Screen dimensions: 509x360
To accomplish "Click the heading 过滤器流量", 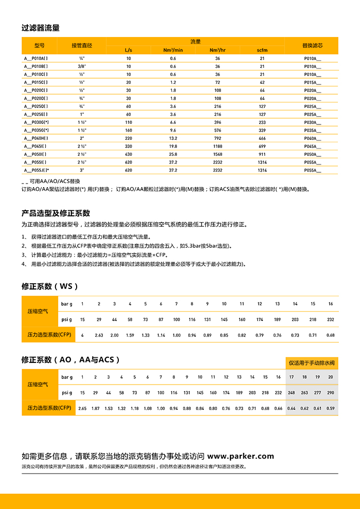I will pyautogui.click(x=41, y=28).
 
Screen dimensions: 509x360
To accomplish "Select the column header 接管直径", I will pyautogui.click(x=82, y=45).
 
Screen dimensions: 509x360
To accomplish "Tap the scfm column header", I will pyautogui.click(x=262, y=50).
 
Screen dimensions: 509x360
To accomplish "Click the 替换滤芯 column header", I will pyautogui.click(x=312, y=45).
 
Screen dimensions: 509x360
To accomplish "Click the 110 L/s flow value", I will pyautogui.click(x=129, y=122).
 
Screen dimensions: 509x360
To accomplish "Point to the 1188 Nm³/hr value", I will pyautogui.click(x=218, y=147).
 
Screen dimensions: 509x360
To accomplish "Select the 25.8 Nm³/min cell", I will pyautogui.click(x=173, y=154).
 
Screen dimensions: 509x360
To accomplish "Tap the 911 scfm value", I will pyautogui.click(x=262, y=154).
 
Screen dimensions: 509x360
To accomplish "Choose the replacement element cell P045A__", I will pyautogui.click(x=312, y=147).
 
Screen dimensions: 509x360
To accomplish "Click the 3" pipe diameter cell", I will pyautogui.click(x=82, y=170).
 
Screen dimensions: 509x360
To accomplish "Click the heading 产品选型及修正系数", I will pyautogui.click(x=56, y=213).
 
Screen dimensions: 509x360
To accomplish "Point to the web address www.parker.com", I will pyautogui.click(x=241, y=456).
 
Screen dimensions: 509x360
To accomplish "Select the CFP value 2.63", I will pyautogui.click(x=99, y=335).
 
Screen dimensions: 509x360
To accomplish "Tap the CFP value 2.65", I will pyautogui.click(x=82, y=408).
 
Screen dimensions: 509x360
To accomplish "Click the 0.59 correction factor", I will pyautogui.click(x=331, y=408).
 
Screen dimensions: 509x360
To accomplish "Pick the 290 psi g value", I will pyautogui.click(x=331, y=393).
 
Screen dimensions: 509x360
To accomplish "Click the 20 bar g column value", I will pyautogui.click(x=331, y=377).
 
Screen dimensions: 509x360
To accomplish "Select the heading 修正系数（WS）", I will pyautogui.click(x=50, y=286).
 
